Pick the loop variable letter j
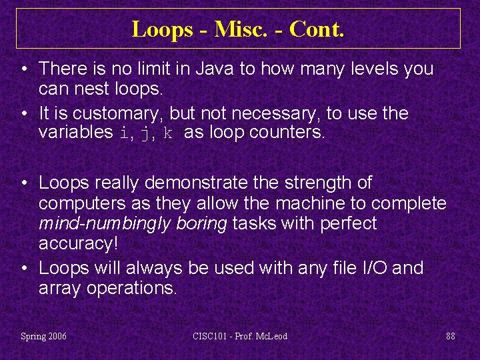(145, 133)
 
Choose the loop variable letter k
(168, 132)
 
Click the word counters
(287, 132)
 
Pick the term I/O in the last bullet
(373, 269)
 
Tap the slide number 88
(451, 336)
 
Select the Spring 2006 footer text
(44, 336)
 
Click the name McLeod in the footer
(271, 336)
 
